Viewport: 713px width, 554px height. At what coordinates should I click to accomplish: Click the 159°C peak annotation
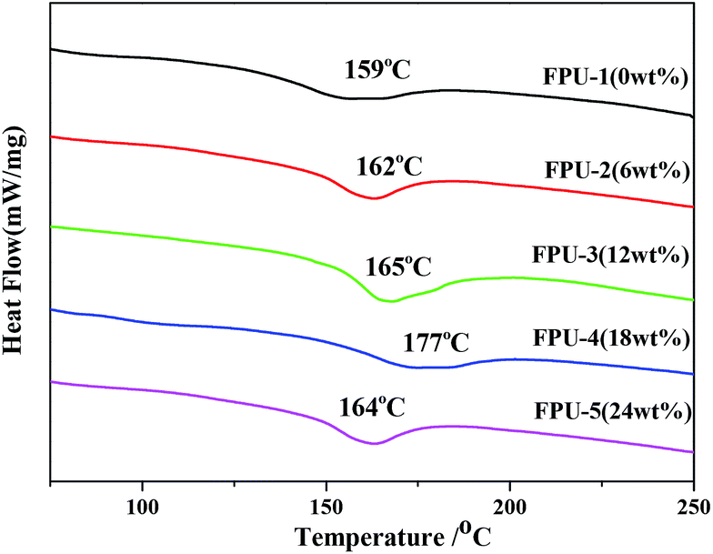(x=377, y=70)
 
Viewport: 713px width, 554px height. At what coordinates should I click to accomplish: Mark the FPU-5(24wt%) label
(x=611, y=408)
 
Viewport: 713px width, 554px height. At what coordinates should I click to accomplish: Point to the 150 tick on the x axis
(x=326, y=502)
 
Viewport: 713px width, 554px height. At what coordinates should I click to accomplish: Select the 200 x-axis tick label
(x=509, y=502)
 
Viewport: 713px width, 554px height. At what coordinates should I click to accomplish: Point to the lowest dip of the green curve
(x=388, y=301)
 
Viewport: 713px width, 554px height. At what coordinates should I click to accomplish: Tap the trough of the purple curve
(x=373, y=443)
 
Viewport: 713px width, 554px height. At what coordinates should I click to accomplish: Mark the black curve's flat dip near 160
(x=364, y=98)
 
